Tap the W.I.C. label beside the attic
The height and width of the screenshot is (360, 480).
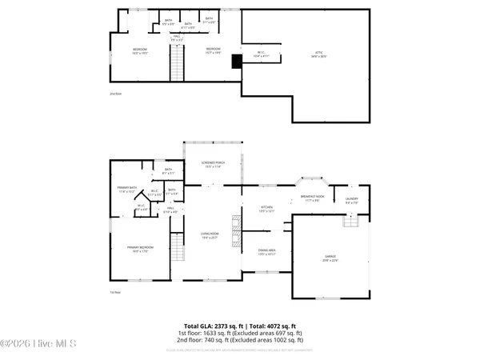(x=258, y=55)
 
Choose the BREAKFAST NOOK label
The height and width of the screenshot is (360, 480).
(x=318, y=199)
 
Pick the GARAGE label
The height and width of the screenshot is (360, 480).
(x=330, y=258)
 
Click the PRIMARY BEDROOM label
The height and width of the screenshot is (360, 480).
(x=140, y=250)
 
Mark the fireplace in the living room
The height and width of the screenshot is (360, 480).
(x=235, y=233)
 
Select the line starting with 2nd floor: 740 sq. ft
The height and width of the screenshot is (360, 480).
(x=239, y=339)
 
